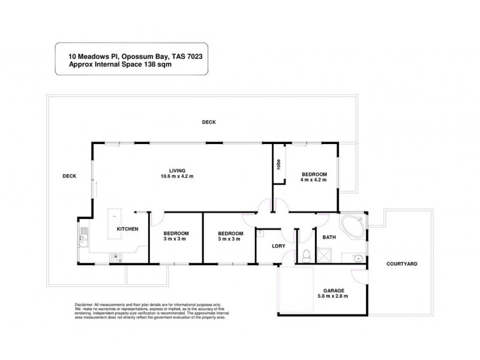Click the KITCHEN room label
pos(127,229)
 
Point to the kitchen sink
pos(83,239)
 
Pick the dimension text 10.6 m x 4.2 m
pos(177,176)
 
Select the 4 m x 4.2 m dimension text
pos(313,180)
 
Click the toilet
pos(306,256)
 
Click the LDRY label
pos(277,246)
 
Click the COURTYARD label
pos(401,263)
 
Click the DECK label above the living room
pos(208,122)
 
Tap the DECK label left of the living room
pos(69,176)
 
